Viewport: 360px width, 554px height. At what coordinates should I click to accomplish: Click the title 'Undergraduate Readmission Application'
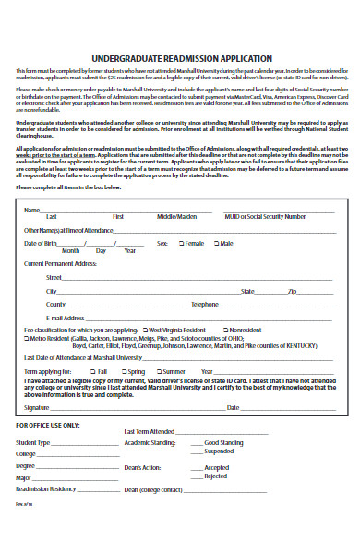[x=180, y=57]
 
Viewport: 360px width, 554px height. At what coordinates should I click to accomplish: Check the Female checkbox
[x=180, y=243]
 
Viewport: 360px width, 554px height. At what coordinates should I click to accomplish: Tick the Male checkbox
[x=215, y=243]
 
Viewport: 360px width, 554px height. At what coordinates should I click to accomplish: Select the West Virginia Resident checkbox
[x=145, y=330]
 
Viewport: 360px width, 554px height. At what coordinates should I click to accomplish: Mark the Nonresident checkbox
[x=225, y=330]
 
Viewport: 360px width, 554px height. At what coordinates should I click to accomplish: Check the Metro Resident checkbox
[x=27, y=339]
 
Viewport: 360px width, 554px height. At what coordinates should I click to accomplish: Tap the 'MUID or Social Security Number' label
[x=266, y=216]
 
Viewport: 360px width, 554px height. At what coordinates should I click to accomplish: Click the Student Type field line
[x=82, y=444]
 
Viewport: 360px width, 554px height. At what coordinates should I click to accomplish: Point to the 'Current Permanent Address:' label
[x=60, y=263]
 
